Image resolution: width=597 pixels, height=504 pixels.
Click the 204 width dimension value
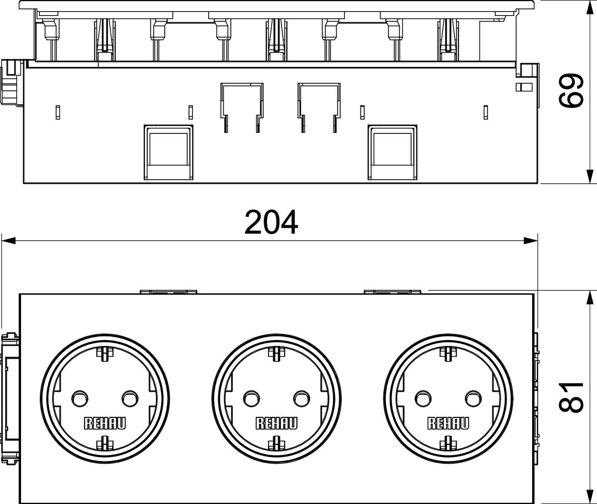point(271,222)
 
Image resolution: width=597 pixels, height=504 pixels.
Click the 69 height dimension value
point(571,91)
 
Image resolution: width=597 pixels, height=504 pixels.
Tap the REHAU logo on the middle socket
point(277,424)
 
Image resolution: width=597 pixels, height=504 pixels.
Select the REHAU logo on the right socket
point(448,424)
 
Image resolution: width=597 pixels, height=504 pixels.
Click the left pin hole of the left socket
point(78,397)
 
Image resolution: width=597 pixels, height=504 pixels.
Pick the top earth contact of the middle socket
point(276,353)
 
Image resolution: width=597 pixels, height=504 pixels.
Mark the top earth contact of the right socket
point(448,353)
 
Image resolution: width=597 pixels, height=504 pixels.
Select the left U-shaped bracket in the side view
point(242,106)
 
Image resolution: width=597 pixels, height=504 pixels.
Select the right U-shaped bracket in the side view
point(319,106)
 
